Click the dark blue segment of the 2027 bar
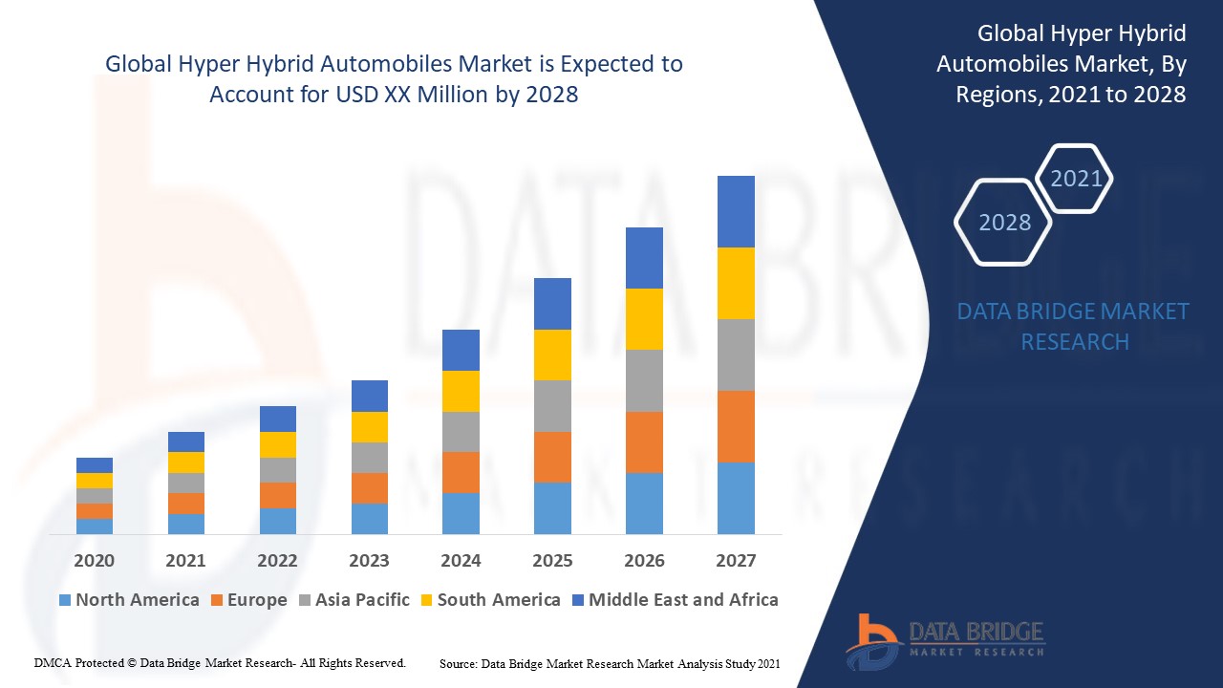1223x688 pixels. pyautogui.click(x=736, y=211)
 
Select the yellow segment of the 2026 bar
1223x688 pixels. pyautogui.click(x=644, y=319)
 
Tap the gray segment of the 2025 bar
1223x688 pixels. pyautogui.click(x=552, y=406)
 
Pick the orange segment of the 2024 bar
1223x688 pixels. pyautogui.click(x=461, y=472)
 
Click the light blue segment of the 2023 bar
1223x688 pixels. pyautogui.click(x=370, y=518)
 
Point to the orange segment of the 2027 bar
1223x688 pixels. pyautogui.click(x=736, y=426)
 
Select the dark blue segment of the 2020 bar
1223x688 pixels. pyautogui.click(x=95, y=465)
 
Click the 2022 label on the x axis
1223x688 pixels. pyautogui.click(x=277, y=561)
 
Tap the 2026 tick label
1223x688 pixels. pyautogui.click(x=644, y=561)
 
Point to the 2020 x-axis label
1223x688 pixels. pyautogui.click(x=95, y=561)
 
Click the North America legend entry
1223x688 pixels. pyautogui.click(x=129, y=600)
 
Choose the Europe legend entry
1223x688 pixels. pyautogui.click(x=247, y=600)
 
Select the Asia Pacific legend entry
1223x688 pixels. pyautogui.click(x=353, y=600)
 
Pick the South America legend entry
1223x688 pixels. pyautogui.click(x=489, y=600)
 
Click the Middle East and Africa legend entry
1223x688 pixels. pyautogui.click(x=674, y=600)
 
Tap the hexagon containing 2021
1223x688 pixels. pyautogui.click(x=1075, y=179)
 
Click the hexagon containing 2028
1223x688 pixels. pyautogui.click(x=1004, y=222)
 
